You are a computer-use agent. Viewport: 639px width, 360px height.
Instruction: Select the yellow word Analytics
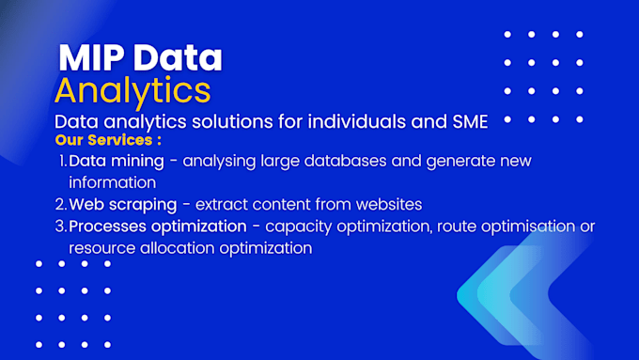click(x=132, y=90)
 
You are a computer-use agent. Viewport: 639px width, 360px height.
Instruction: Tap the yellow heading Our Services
click(x=108, y=140)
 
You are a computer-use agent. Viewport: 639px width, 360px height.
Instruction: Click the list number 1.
click(x=62, y=161)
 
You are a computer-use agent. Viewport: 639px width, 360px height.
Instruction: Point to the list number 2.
click(x=60, y=204)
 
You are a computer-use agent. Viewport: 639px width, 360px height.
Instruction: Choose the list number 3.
click(x=60, y=227)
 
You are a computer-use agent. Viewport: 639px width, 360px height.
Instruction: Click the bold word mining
click(x=139, y=161)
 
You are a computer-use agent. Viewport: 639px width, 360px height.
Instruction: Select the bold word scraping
click(x=144, y=204)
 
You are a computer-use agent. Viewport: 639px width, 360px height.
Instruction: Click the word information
click(x=112, y=182)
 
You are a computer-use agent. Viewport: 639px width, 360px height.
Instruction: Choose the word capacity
click(x=296, y=227)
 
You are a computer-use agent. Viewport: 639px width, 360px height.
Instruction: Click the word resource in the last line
click(x=101, y=248)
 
